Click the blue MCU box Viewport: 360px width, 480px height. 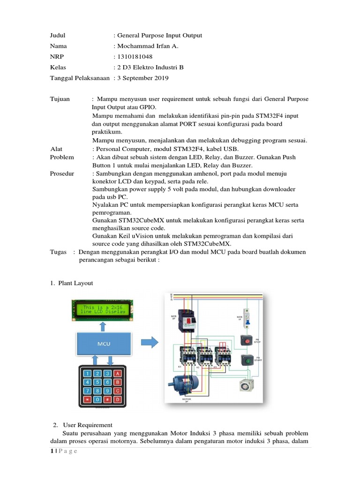pyautogui.click(x=104, y=343)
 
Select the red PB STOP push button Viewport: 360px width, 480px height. pyautogui.click(x=246, y=340)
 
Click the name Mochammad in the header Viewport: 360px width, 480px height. pyautogui.click(x=135, y=46)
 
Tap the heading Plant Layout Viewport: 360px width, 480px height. pyautogui.click(x=76, y=283)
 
